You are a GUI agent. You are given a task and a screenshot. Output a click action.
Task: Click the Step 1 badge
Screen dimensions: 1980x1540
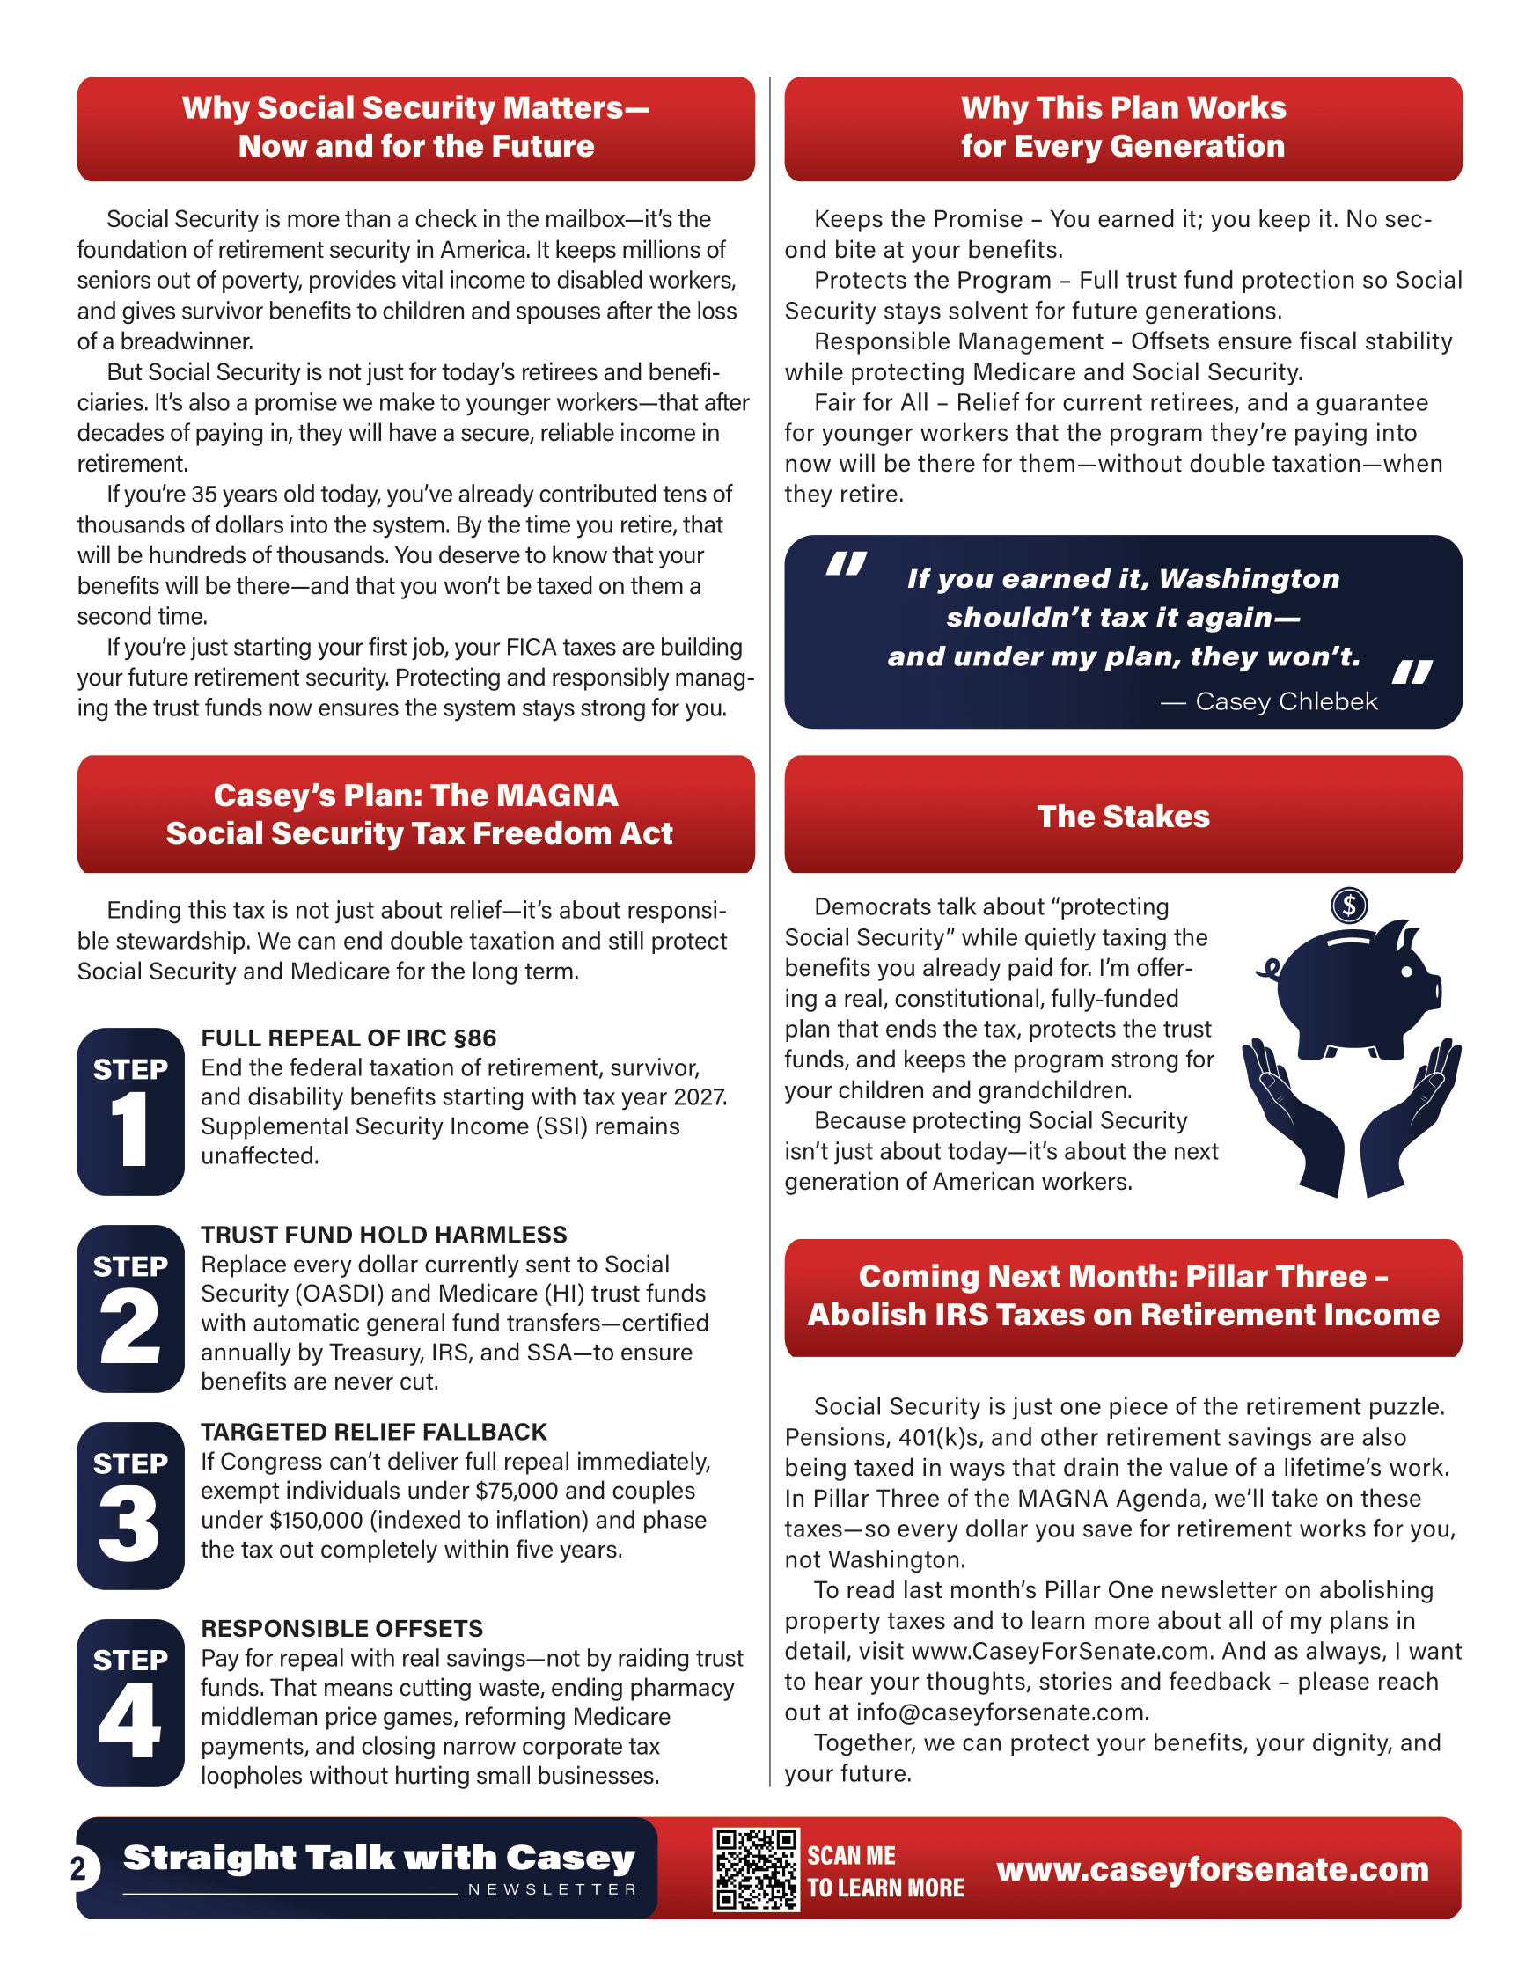130,1111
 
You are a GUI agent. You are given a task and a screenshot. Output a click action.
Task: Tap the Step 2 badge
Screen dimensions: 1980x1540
130,1309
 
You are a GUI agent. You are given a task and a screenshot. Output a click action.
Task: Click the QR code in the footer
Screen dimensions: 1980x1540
756,1869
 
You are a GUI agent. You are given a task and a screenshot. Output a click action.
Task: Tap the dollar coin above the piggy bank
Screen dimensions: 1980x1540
1349,905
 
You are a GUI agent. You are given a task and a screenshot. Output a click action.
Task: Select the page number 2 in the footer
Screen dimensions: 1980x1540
79,1868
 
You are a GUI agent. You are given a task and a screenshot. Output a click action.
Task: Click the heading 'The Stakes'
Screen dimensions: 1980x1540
1123,816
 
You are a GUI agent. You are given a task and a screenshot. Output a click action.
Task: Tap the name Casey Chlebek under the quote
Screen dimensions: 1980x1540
1287,700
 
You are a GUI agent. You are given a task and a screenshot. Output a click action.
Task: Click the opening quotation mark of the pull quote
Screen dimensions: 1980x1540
846,564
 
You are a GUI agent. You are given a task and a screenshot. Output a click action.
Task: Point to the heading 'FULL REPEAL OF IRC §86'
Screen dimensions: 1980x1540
349,1038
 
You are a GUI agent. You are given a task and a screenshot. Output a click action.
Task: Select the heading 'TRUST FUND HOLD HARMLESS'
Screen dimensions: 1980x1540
384,1235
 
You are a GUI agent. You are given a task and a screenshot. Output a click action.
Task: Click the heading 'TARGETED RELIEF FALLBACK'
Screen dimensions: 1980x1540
373,1432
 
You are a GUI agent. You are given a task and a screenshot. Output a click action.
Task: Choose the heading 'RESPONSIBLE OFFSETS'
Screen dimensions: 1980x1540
341,1628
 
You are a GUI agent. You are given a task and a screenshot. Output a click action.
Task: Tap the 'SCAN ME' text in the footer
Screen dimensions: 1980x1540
851,1855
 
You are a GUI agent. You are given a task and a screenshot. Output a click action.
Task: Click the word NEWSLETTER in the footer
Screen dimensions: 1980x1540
552,1889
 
